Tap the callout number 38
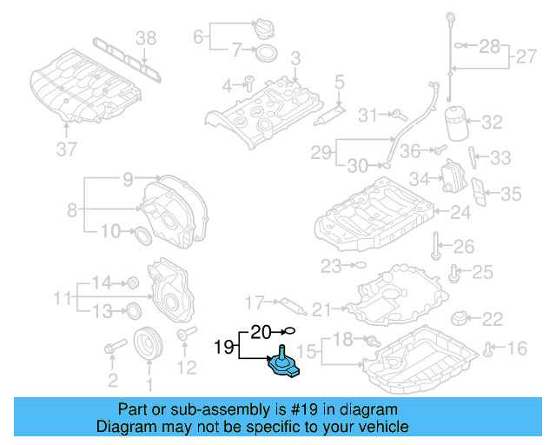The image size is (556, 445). [x=146, y=37]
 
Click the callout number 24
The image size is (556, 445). [x=460, y=210]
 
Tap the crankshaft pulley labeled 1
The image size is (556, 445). [x=149, y=344]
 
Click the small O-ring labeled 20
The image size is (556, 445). [x=291, y=331]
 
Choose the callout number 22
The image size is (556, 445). [x=492, y=318]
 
